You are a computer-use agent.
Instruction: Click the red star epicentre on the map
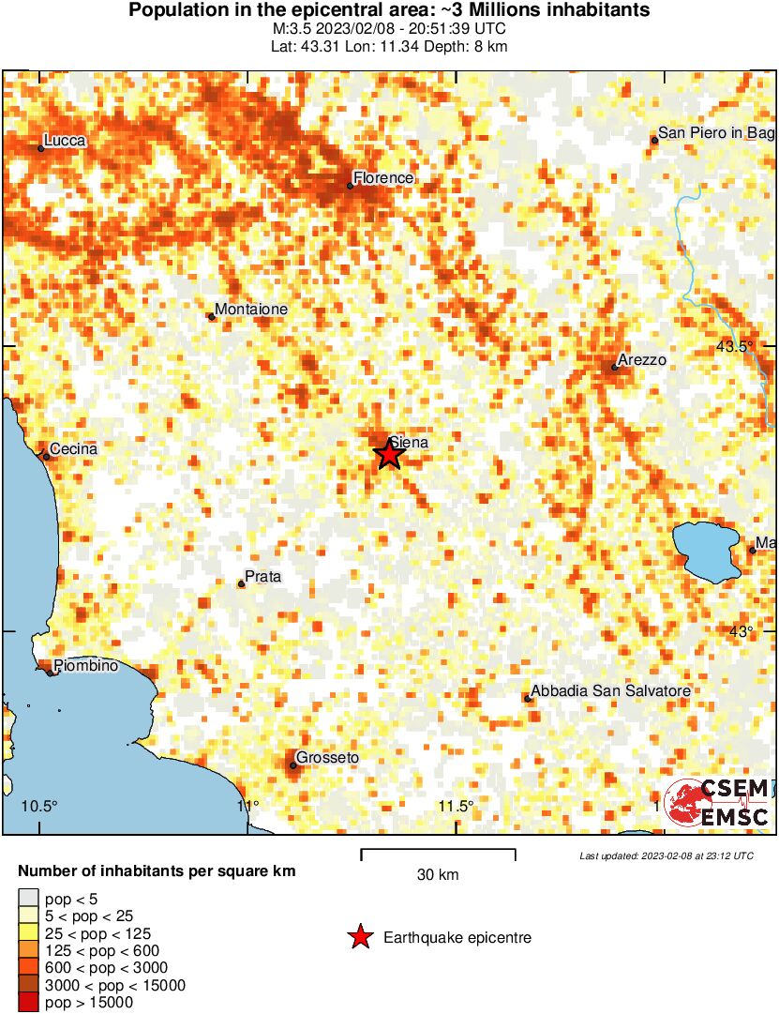tap(390, 454)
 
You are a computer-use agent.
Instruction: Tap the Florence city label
tap(382, 178)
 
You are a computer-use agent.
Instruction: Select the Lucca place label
tap(65, 141)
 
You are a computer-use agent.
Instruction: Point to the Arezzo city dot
tap(615, 367)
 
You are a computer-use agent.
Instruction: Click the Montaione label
tap(251, 310)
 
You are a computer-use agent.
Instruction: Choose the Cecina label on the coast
tap(73, 449)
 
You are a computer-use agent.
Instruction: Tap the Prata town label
tap(262, 576)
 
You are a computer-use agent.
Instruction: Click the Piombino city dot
tap(50, 673)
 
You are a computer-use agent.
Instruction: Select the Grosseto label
tap(327, 758)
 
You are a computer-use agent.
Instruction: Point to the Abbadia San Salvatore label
tap(611, 691)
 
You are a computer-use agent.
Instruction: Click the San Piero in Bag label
tap(715, 134)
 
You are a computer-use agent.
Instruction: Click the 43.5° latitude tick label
tap(734, 346)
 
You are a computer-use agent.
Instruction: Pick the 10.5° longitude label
tap(39, 806)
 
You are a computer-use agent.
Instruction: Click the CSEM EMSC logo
tap(717, 803)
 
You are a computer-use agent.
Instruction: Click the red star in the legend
tap(359, 937)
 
